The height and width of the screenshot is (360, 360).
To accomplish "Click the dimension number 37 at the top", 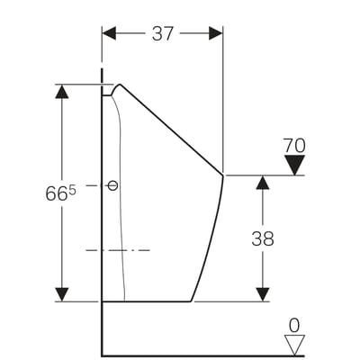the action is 163,33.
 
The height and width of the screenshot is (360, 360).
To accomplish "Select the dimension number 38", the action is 263,238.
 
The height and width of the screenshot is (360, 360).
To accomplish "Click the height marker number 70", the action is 294,146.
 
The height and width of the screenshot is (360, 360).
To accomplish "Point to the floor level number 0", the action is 294,326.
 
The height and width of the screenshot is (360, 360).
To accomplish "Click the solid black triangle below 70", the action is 294,165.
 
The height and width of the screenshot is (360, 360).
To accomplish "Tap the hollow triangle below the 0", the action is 294,345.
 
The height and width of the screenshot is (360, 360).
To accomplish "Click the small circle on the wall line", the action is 112,185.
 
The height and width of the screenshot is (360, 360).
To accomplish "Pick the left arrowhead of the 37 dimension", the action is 109,33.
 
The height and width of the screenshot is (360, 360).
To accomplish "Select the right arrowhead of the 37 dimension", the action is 216,33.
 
